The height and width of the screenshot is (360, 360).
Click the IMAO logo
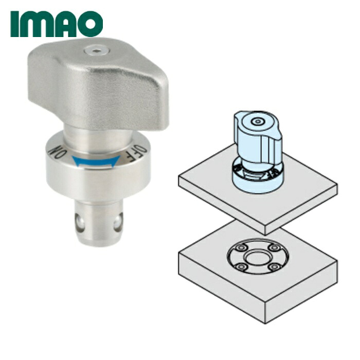[x=57, y=24]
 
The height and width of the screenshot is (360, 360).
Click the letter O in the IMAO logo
[x=91, y=24]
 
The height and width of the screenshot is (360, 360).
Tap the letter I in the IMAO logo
[x=14, y=24]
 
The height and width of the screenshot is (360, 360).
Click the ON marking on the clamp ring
[x=58, y=152]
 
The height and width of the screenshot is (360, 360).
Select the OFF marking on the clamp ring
[x=137, y=153]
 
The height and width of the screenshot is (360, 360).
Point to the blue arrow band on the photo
[x=96, y=161]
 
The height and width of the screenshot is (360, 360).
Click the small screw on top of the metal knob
[x=97, y=51]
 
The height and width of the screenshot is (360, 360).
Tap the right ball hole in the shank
[x=118, y=222]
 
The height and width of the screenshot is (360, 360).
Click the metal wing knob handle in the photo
[x=98, y=84]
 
